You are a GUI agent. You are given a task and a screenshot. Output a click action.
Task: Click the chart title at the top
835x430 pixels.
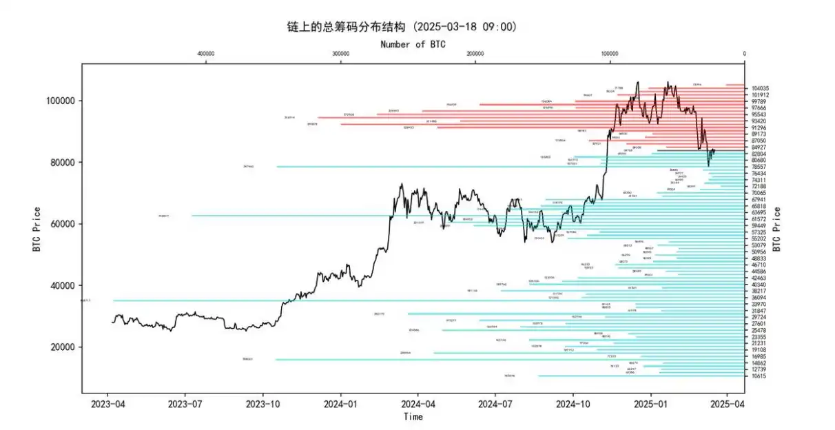pyautogui.click(x=402, y=27)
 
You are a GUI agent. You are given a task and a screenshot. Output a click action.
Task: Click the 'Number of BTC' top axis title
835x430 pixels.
pyautogui.click(x=413, y=44)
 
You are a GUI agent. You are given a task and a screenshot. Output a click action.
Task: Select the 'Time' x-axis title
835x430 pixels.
pyautogui.click(x=413, y=416)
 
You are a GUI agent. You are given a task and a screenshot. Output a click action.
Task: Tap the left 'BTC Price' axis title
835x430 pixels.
pyautogui.click(x=37, y=229)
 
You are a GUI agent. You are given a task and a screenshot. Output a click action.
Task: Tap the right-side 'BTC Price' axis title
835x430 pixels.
pyautogui.click(x=796, y=229)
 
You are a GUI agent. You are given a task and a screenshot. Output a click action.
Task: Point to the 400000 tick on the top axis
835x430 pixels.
pyautogui.click(x=205, y=54)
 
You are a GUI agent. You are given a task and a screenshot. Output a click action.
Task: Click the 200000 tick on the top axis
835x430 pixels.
pyautogui.click(x=475, y=54)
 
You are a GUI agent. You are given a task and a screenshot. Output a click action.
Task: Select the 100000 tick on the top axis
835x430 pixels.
pyautogui.click(x=609, y=54)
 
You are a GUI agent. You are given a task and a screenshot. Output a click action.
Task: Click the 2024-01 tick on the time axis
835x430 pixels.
pyautogui.click(x=342, y=404)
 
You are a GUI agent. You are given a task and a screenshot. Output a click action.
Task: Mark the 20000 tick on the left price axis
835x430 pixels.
pyautogui.click(x=65, y=347)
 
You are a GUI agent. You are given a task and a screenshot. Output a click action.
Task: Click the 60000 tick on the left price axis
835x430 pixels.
pyautogui.click(x=65, y=224)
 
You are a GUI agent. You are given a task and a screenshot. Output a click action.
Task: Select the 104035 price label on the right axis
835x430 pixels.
pyautogui.click(x=761, y=89)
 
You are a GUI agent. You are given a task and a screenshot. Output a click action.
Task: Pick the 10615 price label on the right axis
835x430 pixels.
pyautogui.click(x=759, y=376)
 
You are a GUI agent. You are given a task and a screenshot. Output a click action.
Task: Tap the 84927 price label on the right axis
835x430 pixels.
pyautogui.click(x=759, y=147)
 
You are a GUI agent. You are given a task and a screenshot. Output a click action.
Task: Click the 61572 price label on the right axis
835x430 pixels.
pyautogui.click(x=759, y=219)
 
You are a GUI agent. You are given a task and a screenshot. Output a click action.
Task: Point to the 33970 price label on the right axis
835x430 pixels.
pyautogui.click(x=759, y=305)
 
